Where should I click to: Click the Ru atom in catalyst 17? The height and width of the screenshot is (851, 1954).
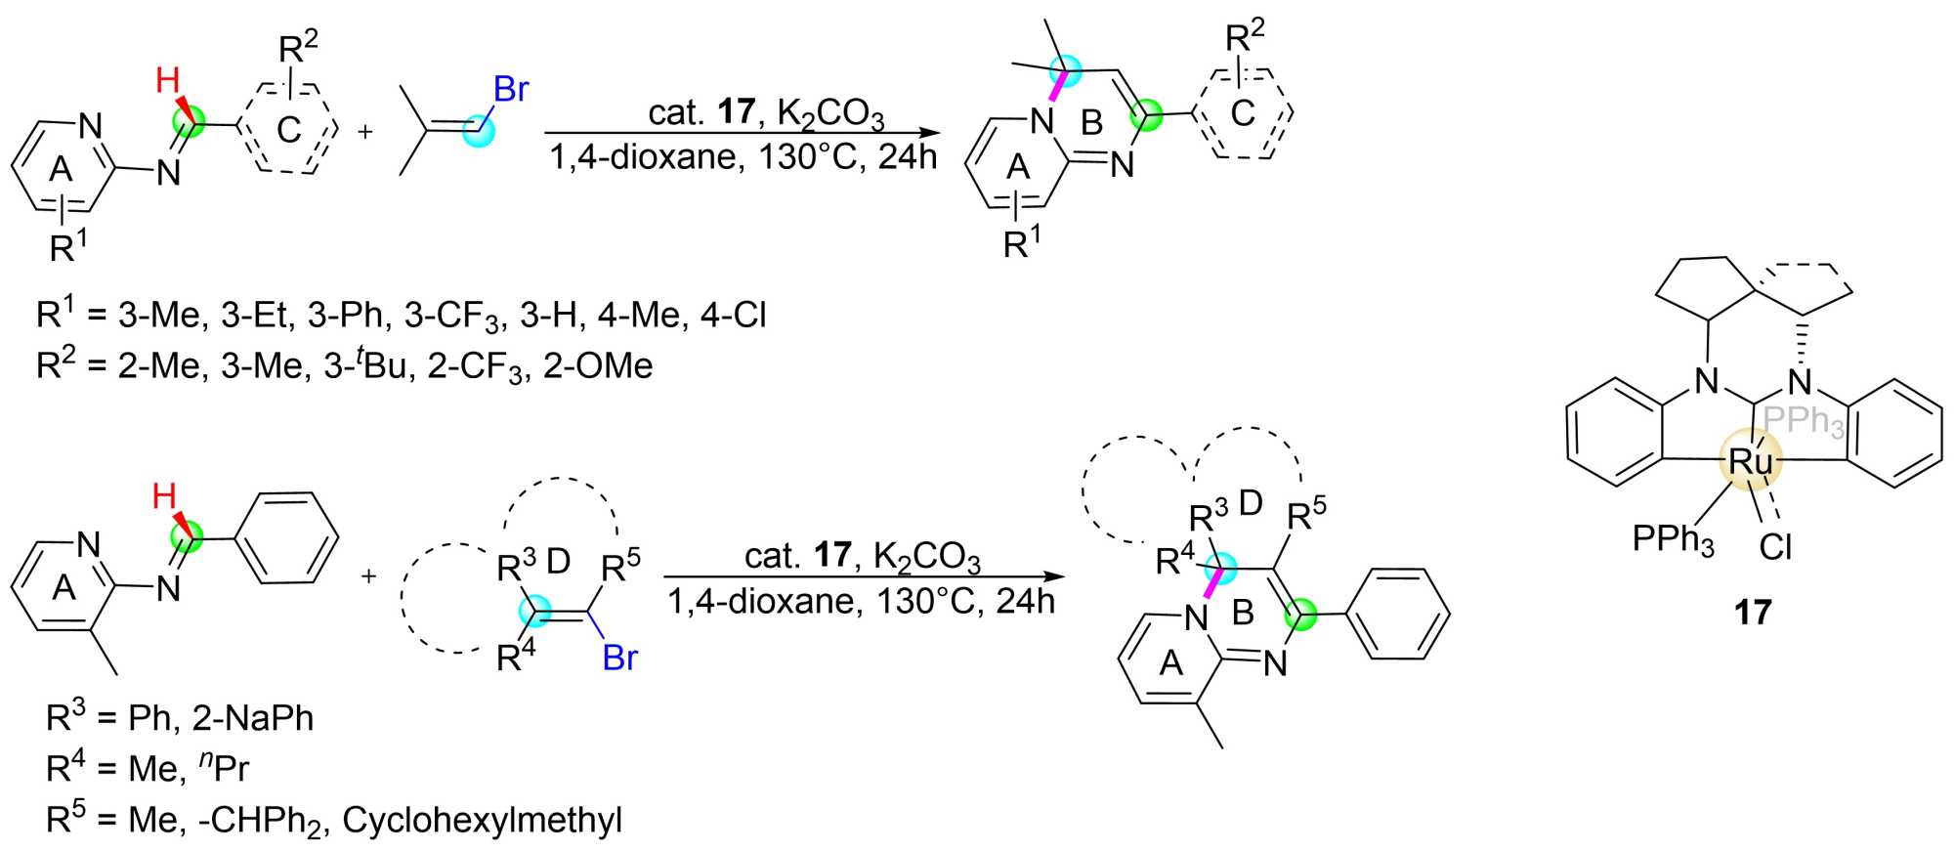point(1750,461)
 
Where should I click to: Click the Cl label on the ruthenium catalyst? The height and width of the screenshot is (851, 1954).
point(1775,547)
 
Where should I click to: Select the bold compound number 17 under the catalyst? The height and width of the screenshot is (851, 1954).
point(1753,613)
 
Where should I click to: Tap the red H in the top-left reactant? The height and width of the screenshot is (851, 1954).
point(168,80)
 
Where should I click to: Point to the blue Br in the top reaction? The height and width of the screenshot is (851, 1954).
point(511,89)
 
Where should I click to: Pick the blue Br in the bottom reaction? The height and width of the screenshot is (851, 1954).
point(619,658)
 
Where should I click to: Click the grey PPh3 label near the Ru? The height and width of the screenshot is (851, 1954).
point(1804,421)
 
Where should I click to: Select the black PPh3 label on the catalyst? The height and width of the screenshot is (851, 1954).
point(1673,539)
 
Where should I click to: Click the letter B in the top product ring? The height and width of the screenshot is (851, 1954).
point(1091,122)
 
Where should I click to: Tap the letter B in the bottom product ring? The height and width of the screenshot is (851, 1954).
point(1243,613)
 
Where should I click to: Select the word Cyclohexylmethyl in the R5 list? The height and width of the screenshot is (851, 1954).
point(482,820)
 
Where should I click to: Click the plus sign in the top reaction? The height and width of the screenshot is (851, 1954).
point(365,131)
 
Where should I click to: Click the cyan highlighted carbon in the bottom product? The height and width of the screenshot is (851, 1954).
point(1219,567)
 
